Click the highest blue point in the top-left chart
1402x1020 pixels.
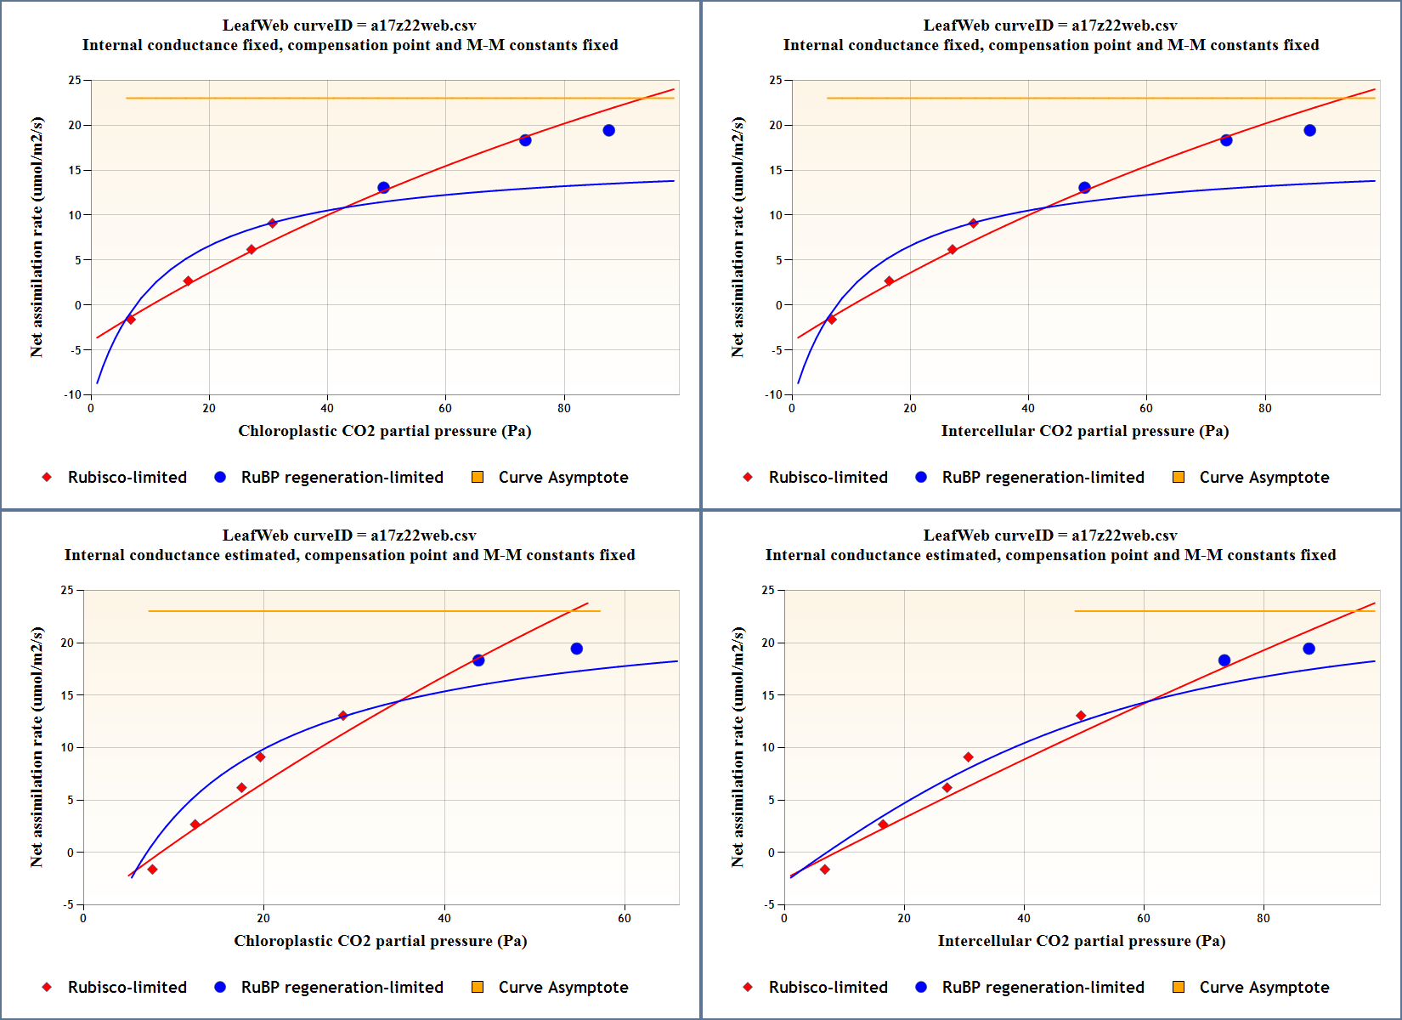[608, 130]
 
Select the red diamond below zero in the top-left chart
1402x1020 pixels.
[131, 320]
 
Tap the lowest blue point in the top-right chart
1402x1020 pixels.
[1084, 188]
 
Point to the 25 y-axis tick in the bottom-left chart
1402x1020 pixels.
[67, 590]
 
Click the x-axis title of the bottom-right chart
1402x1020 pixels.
[1081, 941]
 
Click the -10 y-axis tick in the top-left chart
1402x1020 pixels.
[73, 394]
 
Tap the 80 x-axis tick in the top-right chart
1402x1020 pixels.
[1265, 408]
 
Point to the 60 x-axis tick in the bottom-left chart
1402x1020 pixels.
[625, 918]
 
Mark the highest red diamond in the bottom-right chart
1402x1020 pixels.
[1081, 716]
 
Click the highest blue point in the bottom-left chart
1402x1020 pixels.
[577, 649]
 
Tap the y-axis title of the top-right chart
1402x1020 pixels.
[738, 237]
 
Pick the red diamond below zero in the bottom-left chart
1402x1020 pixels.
[152, 870]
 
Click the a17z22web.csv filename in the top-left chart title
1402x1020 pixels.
[423, 25]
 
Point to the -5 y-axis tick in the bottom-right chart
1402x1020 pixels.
[768, 904]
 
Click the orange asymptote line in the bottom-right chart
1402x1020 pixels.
[1224, 610]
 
